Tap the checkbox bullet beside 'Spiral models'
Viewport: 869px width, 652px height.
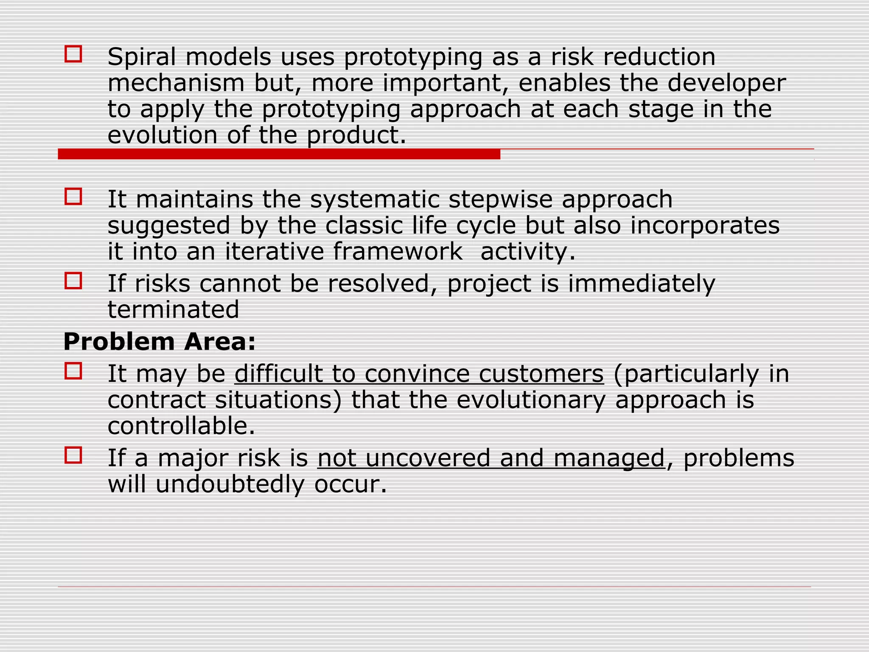73,54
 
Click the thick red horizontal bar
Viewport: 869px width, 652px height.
279,154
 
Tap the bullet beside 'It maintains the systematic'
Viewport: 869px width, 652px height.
73,197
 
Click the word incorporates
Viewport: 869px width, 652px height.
705,225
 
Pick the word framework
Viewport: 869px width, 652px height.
398,251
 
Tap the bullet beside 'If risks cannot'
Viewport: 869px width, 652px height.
73,281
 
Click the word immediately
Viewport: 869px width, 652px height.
642,284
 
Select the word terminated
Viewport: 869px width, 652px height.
173,309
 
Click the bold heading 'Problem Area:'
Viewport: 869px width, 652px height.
160,342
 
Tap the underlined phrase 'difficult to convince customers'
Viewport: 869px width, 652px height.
419,374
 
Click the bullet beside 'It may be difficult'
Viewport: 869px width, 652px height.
73,371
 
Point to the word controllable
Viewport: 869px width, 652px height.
181,426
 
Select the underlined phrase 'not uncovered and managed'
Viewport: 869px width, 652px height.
491,458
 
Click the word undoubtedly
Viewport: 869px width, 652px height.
230,484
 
